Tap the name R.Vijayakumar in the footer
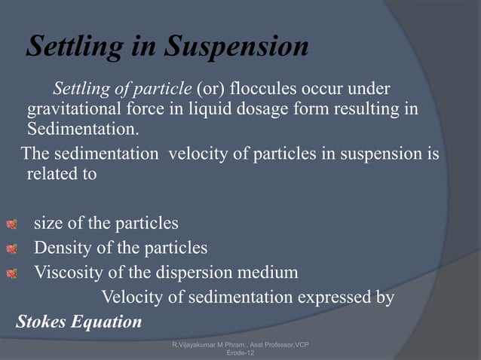coord(195,344)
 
